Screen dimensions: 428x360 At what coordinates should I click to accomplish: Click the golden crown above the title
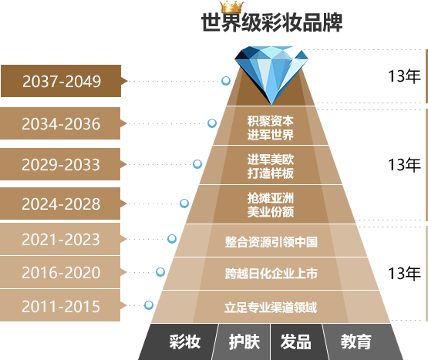pos(232,7)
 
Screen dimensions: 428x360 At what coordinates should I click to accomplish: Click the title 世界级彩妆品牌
pos(271,22)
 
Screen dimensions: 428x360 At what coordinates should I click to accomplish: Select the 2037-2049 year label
pos(62,81)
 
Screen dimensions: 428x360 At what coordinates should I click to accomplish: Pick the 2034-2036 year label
pos(61,123)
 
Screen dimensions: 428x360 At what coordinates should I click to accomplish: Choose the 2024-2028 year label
pos(61,204)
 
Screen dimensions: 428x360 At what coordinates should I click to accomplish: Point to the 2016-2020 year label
pos(61,272)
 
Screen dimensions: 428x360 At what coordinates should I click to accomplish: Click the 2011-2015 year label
pos(61,306)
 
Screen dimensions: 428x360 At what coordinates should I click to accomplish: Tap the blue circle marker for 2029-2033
pos(197,164)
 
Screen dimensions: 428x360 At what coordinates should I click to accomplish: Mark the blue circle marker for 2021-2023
pos(172,239)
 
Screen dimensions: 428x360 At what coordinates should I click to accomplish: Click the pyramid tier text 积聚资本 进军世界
pos(271,128)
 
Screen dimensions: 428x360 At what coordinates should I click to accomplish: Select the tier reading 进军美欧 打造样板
pos(271,167)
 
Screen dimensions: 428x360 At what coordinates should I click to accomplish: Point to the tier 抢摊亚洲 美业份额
pos(271,205)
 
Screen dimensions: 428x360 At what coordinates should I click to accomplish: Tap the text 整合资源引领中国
pos(271,242)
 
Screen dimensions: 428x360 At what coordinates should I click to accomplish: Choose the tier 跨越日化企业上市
pos(271,274)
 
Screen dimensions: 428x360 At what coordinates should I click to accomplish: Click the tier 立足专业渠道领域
pos(271,308)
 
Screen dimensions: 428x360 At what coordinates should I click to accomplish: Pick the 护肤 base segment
pos(244,341)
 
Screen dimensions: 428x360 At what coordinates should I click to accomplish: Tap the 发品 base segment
pos(296,341)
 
